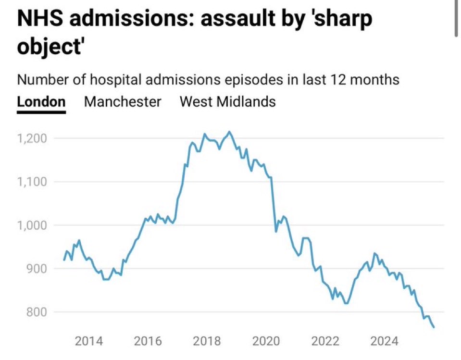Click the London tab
pyautogui.click(x=41, y=101)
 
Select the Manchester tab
pyautogui.click(x=123, y=101)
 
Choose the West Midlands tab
pyautogui.click(x=227, y=101)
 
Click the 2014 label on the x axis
pyautogui.click(x=88, y=342)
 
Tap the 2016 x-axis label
pyautogui.click(x=148, y=342)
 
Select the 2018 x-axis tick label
pyautogui.click(x=207, y=342)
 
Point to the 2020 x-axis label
pyautogui.click(x=266, y=342)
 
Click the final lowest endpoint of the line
pyautogui.click(x=434, y=327)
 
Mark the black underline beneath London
pyautogui.click(x=41, y=112)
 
